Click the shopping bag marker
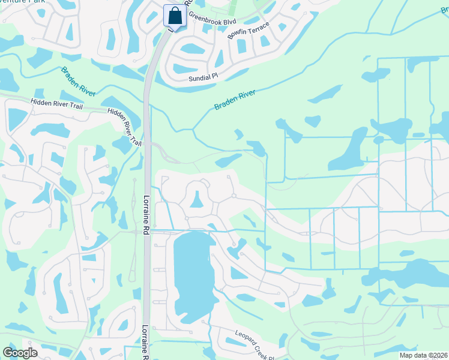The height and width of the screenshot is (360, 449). click(175, 14)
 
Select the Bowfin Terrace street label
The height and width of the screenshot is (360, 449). click(249, 31)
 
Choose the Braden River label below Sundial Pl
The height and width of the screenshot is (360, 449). click(235, 100)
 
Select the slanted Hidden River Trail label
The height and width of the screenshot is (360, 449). click(125, 127)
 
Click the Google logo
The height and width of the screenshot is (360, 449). click(20, 353)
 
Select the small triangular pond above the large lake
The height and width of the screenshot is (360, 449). click(196, 199)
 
